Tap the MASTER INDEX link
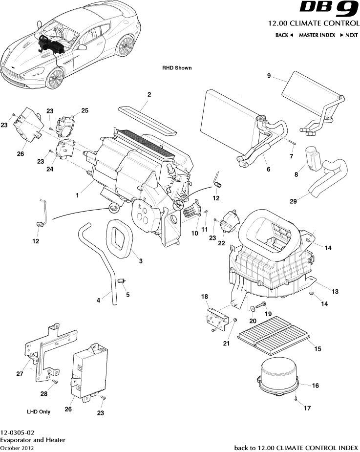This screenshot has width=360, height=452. (x=317, y=35)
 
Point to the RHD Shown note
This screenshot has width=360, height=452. (x=177, y=68)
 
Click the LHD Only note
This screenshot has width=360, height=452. (x=39, y=411)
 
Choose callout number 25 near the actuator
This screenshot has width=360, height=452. (x=85, y=111)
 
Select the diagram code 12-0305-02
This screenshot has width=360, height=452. (x=17, y=432)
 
